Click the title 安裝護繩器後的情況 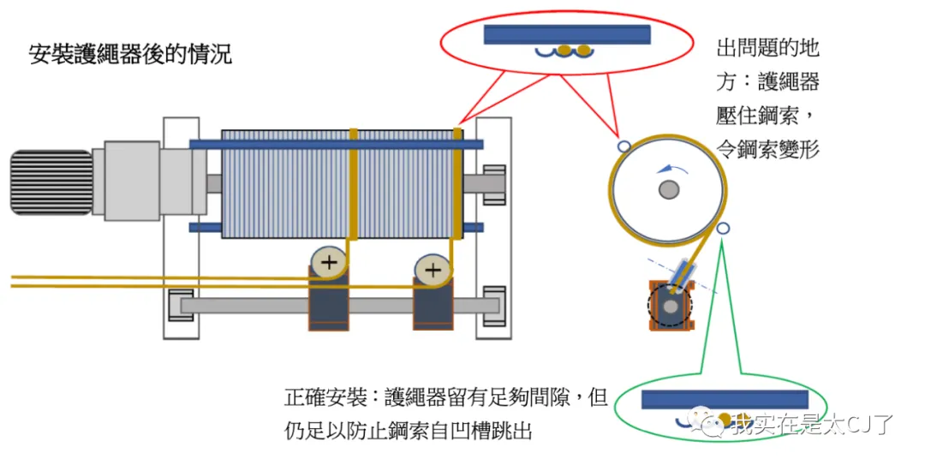pos(130,56)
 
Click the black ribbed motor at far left pos(51,181)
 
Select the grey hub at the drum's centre pos(669,190)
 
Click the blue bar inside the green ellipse pos(725,399)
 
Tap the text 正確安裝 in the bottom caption pos(316,397)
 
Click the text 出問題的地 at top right pos(767,48)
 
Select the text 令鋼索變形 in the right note pos(767,148)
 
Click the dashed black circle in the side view pos(668,305)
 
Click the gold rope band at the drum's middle pos(352,183)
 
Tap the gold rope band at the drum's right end pos(457,183)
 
